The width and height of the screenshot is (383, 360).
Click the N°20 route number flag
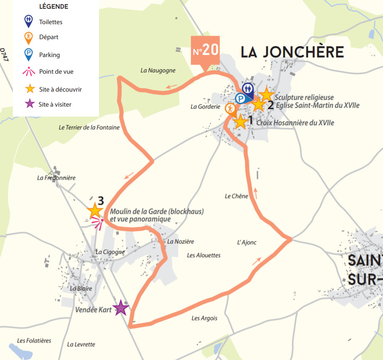[x=205, y=51]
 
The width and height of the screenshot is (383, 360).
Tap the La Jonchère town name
[x=292, y=52]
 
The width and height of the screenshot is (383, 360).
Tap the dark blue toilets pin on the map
[x=248, y=89]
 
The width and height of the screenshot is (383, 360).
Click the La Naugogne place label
[x=158, y=70]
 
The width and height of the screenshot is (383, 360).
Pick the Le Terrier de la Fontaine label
[x=89, y=127]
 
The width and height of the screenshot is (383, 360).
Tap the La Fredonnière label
[x=56, y=178]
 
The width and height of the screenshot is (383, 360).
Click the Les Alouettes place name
[x=204, y=255]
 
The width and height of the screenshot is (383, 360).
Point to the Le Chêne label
[x=236, y=196]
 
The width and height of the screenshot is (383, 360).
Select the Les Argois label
[x=204, y=318]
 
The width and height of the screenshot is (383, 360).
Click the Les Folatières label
[x=34, y=340]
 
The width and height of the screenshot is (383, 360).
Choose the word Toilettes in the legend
[x=51, y=22]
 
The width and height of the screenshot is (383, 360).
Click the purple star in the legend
[x=30, y=104]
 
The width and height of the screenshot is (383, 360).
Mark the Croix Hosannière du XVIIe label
[x=295, y=123]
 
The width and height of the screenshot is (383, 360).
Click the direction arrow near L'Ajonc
[x=257, y=261]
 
